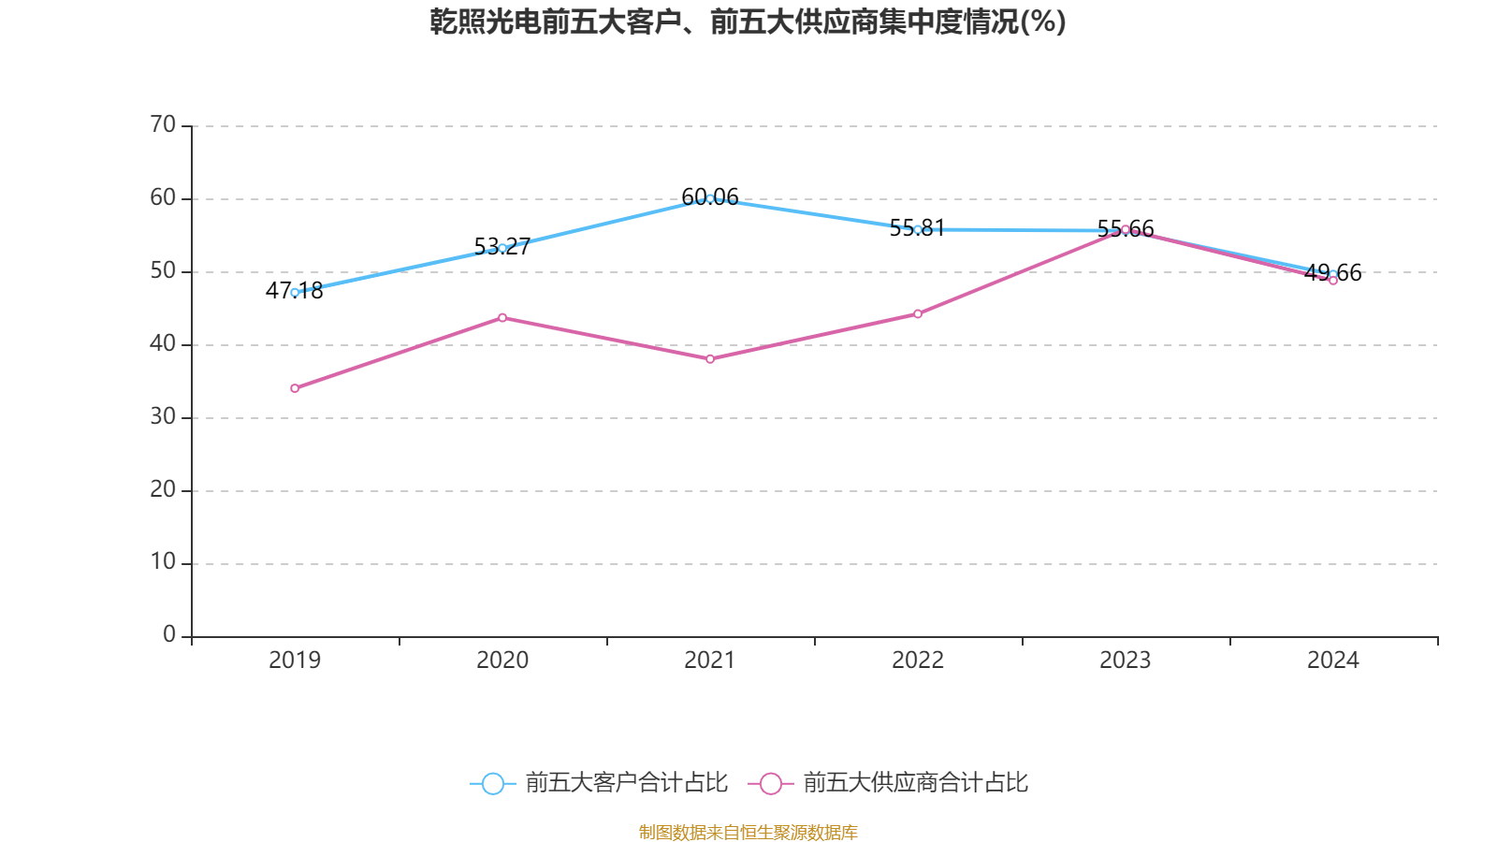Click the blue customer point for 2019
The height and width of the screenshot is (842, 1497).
point(295,293)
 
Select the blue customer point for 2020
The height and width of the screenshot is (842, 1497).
point(502,248)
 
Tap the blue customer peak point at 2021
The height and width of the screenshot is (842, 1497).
point(710,198)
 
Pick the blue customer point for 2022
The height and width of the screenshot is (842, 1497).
point(918,229)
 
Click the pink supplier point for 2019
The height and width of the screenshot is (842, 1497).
point(295,388)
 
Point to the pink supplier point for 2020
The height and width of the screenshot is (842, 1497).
point(502,317)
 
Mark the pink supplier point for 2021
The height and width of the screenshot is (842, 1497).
point(710,359)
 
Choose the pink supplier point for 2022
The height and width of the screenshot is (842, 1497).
point(918,314)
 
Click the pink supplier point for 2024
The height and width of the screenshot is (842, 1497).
point(1333,281)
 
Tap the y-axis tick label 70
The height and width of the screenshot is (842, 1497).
point(163,125)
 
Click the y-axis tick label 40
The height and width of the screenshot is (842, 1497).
point(163,344)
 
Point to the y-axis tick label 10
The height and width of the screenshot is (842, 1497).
point(163,562)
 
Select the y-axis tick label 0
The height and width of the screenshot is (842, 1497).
point(169,635)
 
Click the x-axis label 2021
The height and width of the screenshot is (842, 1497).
point(710,661)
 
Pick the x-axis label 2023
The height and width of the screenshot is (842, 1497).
point(1126,661)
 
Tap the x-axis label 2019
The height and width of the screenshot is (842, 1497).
point(295,661)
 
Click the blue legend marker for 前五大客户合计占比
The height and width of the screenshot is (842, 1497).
point(492,784)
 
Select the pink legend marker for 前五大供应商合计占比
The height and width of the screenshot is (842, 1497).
point(771,784)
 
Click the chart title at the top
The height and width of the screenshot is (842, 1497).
point(748,22)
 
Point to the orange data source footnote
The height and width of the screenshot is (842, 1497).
point(748,832)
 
